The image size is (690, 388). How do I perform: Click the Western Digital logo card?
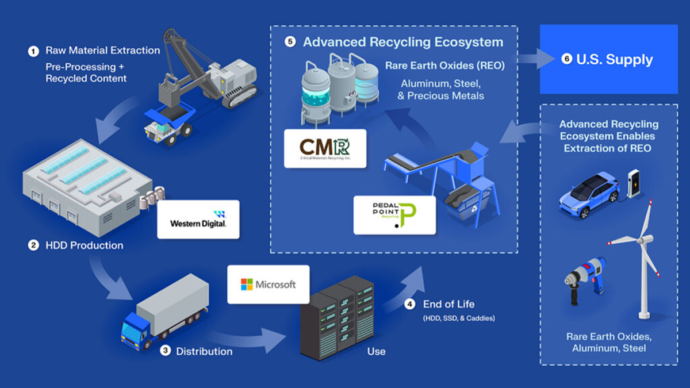198,220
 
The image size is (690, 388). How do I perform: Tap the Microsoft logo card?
268,285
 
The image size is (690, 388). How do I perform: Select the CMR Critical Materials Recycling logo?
325,148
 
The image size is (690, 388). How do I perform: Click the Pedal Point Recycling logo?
394,215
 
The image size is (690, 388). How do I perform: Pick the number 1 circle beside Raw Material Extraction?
33,51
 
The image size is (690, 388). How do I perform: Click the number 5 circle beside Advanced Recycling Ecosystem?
291,43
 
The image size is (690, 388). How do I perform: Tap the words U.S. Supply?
614,60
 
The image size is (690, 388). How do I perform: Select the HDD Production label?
84,245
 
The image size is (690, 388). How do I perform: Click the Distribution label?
204,351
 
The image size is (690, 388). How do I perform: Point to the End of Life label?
448,304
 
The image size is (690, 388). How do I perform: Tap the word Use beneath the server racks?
376,351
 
